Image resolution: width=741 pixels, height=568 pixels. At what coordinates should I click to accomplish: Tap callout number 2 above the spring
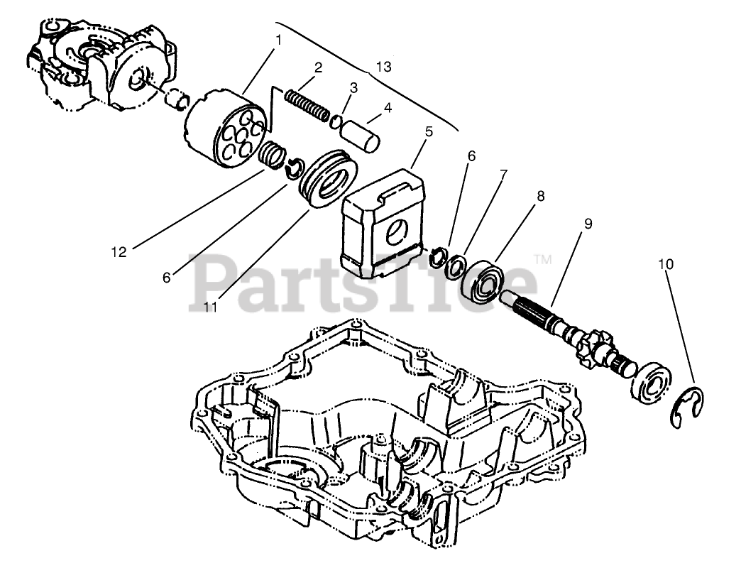[x=318, y=68]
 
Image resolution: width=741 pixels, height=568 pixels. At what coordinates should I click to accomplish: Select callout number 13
[x=383, y=67]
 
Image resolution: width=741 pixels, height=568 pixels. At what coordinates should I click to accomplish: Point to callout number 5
[x=429, y=132]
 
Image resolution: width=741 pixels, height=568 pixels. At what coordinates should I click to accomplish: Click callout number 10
[x=665, y=264]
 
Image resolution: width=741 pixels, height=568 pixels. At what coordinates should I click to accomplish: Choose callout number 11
[x=211, y=307]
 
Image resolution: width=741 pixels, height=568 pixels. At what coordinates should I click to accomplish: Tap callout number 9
[x=588, y=223]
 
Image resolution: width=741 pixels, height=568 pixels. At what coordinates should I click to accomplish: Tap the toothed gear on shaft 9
[x=593, y=346]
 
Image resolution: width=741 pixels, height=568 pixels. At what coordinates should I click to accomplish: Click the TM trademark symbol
[x=543, y=260]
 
